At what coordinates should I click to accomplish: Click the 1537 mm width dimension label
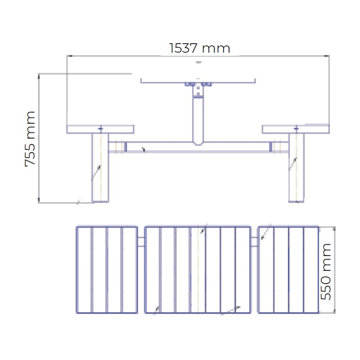point(199,48)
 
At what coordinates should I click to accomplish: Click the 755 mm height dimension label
point(30,139)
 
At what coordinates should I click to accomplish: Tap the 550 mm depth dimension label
point(325,272)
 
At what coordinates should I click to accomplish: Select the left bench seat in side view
point(100,129)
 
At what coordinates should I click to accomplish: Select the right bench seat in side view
point(296,129)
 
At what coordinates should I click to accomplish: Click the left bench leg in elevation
point(100,168)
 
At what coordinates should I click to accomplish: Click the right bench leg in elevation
point(296,168)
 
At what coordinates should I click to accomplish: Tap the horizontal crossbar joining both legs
point(198,147)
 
